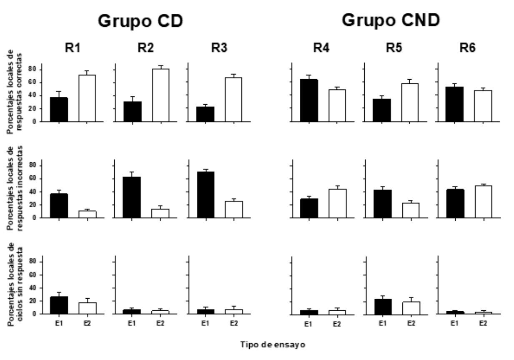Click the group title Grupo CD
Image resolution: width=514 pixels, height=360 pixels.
tap(140, 21)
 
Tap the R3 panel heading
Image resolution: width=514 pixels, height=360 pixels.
tap(219, 48)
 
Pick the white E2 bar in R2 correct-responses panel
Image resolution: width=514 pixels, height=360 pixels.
tap(160, 95)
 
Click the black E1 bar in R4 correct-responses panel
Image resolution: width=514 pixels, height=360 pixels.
tap(309, 101)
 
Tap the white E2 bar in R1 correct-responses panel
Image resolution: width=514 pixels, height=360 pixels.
tap(87, 98)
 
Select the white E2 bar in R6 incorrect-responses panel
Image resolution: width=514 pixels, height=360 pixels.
tap(484, 202)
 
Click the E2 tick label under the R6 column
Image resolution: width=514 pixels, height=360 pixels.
tap(484, 323)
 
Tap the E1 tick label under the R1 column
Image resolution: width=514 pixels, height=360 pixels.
tap(59, 323)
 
